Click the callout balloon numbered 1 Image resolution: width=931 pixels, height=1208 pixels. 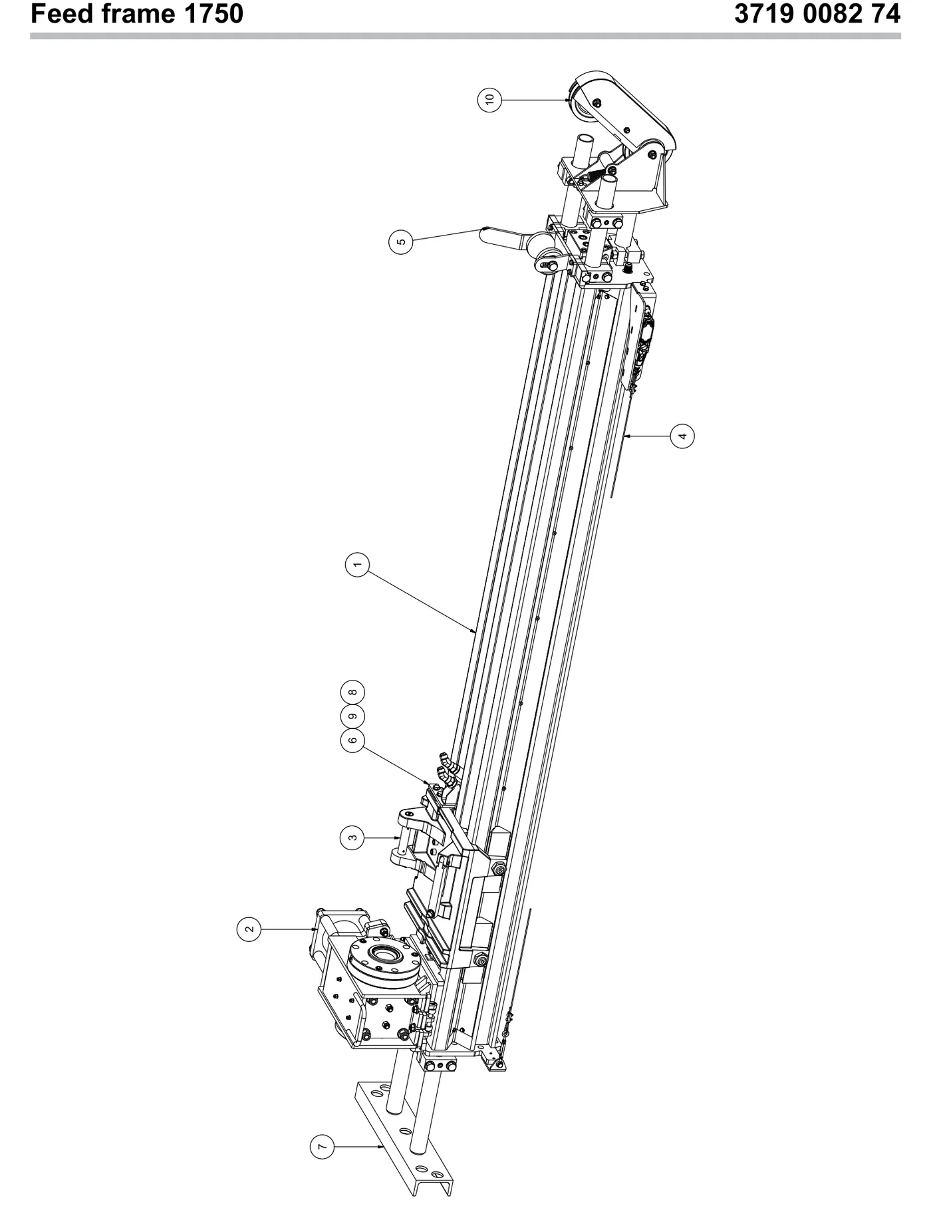click(x=357, y=565)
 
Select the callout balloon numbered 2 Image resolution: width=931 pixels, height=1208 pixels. click(x=249, y=929)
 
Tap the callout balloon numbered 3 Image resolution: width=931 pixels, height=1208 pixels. click(x=352, y=837)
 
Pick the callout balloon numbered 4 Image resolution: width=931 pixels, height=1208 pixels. click(x=682, y=436)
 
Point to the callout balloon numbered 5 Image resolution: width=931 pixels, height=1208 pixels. click(x=400, y=241)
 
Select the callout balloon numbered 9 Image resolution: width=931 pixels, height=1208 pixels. click(x=352, y=716)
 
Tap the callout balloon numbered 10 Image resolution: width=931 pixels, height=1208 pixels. click(x=490, y=100)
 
